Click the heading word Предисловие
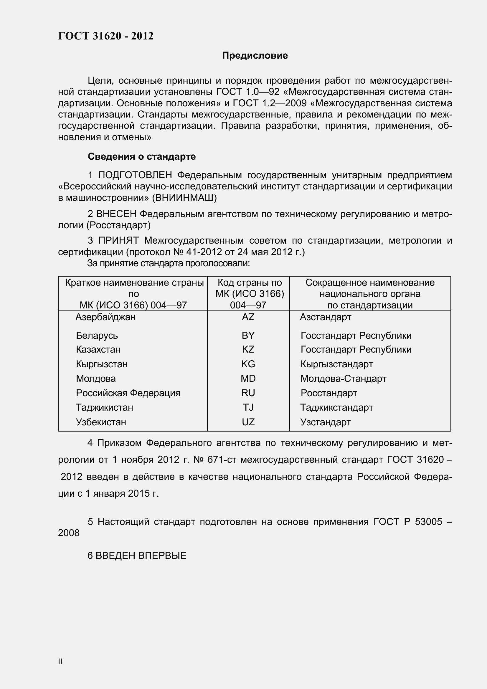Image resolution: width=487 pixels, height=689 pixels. (255, 55)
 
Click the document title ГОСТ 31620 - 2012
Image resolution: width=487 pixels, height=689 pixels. (106, 36)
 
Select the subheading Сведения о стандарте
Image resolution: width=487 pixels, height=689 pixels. (142, 157)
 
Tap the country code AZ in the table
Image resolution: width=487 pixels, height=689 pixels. (248, 317)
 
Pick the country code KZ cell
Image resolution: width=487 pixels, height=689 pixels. (248, 349)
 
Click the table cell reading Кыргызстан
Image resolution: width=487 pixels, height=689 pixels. (102, 364)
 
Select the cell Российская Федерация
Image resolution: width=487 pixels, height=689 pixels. (128, 393)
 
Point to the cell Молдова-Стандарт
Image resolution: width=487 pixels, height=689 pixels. (343, 379)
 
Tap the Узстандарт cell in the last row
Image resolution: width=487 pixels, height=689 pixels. (326, 422)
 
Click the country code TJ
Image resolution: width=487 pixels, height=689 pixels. (248, 407)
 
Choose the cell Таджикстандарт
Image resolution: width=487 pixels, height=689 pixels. (337, 407)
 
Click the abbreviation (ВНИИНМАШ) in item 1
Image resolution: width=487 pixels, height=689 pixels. (184, 198)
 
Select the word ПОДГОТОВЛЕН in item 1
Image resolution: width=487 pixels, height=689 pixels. (135, 175)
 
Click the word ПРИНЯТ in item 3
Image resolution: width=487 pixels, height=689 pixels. (118, 240)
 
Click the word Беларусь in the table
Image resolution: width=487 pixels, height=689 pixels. (97, 335)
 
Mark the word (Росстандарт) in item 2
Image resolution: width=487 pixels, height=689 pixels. (118, 225)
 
